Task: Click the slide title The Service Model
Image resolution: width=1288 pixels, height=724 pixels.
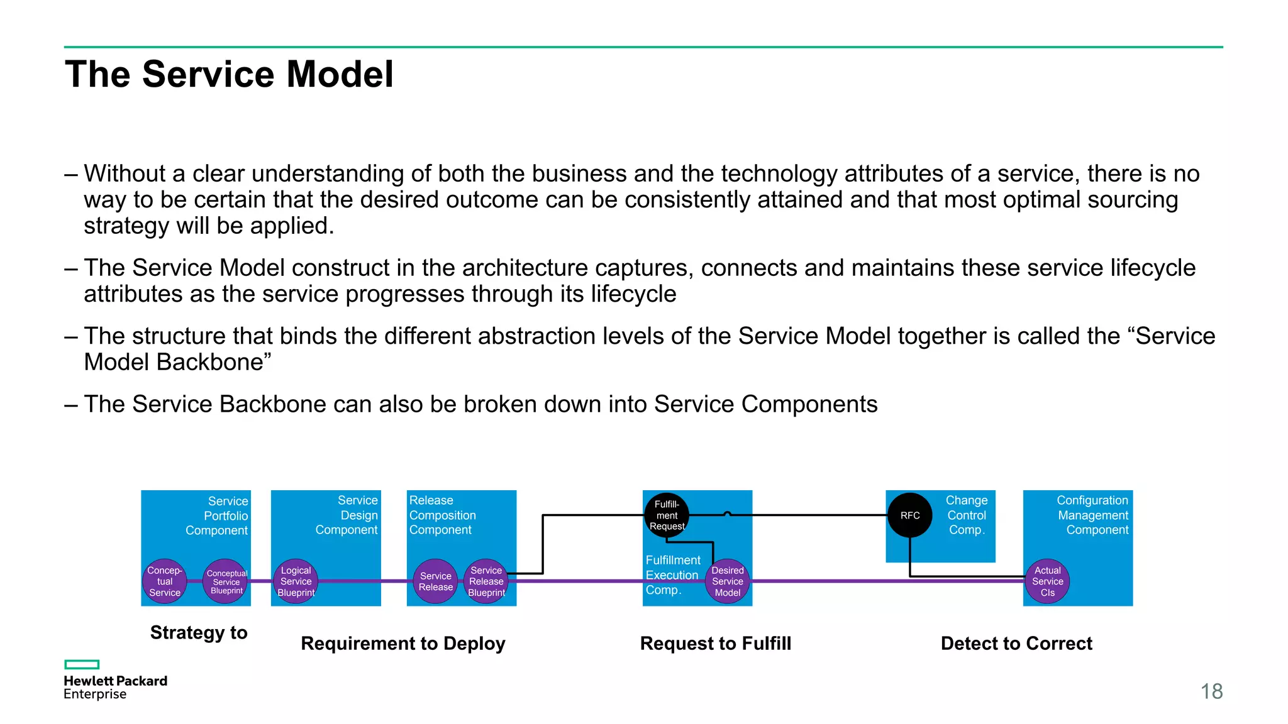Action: [229, 74]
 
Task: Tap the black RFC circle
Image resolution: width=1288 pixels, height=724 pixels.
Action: [909, 515]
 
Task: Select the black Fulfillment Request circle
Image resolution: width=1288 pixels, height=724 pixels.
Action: [667, 515]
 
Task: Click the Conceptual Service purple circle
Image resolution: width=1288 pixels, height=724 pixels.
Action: [165, 581]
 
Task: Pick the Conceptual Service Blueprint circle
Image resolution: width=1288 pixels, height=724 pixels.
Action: [226, 581]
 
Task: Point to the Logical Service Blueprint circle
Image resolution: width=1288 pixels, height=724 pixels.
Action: [296, 581]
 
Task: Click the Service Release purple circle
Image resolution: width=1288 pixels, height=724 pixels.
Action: [435, 581]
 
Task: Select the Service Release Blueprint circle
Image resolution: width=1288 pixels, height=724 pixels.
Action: [486, 581]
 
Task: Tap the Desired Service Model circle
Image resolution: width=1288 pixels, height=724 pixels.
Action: [728, 581]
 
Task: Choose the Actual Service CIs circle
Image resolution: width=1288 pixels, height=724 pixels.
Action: [1047, 581]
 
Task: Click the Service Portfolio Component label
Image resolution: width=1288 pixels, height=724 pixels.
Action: [217, 515]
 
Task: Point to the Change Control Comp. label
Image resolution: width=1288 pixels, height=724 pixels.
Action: [967, 515]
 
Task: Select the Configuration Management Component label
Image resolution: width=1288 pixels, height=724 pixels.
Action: [1093, 515]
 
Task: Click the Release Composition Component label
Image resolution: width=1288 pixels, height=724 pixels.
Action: [442, 515]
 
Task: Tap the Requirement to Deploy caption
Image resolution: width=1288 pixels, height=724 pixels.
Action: [403, 644]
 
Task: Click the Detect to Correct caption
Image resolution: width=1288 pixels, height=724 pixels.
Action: [1016, 644]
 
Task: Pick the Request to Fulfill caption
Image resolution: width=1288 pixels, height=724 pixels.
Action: [715, 644]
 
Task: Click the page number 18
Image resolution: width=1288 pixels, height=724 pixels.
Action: [1211, 691]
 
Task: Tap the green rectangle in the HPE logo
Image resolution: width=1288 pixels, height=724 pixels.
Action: [82, 664]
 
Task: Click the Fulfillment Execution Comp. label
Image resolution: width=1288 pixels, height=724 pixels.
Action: [672, 575]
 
